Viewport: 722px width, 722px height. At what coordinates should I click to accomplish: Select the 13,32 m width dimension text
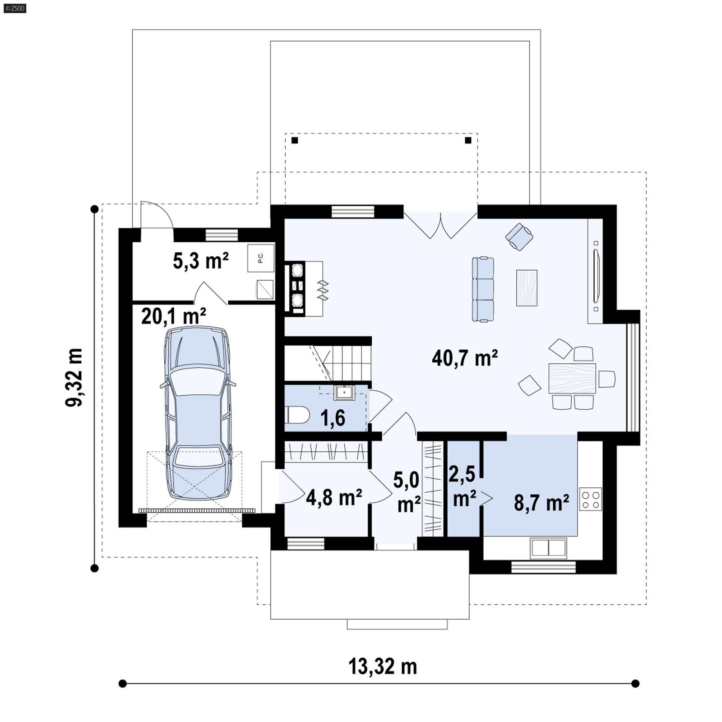click(383, 666)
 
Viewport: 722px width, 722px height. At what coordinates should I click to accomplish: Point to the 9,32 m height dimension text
click(74, 377)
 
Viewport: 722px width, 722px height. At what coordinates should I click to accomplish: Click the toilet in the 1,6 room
click(296, 415)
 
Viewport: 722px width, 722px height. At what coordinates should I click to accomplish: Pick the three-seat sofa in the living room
click(483, 289)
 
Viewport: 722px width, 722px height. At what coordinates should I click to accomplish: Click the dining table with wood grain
click(572, 378)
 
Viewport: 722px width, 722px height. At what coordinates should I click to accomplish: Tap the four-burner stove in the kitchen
click(591, 500)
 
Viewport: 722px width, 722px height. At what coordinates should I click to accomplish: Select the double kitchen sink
click(548, 548)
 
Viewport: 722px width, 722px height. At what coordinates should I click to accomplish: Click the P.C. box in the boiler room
click(261, 258)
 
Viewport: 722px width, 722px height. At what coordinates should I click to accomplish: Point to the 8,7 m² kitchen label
click(541, 502)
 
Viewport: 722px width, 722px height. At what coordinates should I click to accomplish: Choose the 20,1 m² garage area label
click(174, 316)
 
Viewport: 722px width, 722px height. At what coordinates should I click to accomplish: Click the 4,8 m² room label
click(334, 497)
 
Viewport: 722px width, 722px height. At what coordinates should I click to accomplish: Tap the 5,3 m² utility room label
click(201, 261)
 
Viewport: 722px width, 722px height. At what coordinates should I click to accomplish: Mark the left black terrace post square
click(295, 140)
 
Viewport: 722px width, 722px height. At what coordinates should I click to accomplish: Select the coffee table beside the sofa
click(527, 288)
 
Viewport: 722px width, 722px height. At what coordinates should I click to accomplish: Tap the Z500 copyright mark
click(14, 8)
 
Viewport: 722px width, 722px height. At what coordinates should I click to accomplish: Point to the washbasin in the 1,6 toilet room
click(344, 393)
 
